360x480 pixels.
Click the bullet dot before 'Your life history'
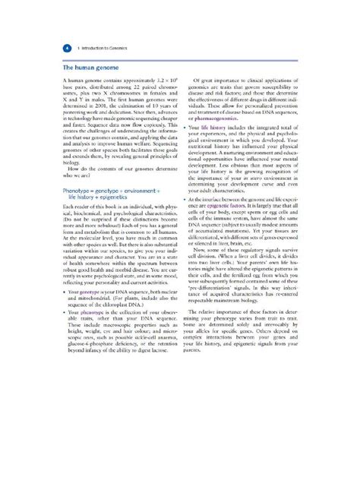(187, 148)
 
